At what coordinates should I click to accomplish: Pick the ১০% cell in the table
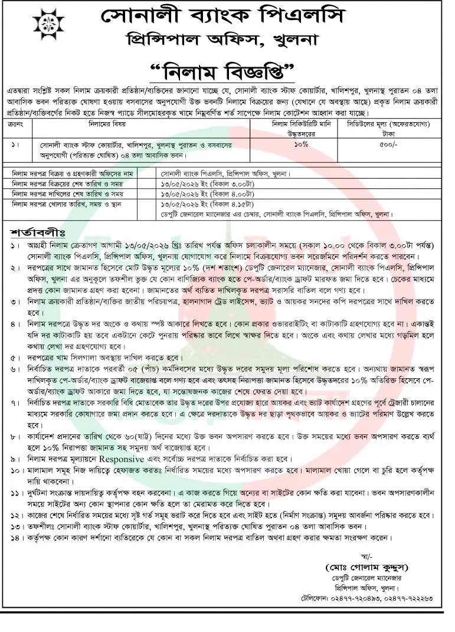point(299,143)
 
